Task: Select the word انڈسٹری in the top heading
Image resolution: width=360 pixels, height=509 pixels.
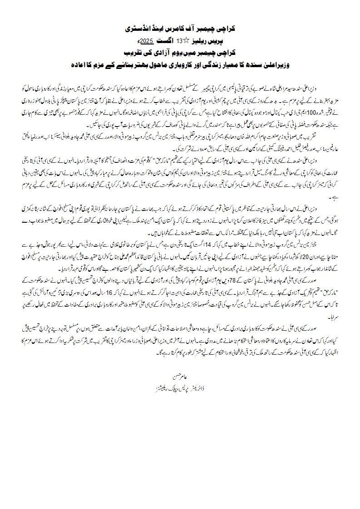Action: [x=137, y=28]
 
